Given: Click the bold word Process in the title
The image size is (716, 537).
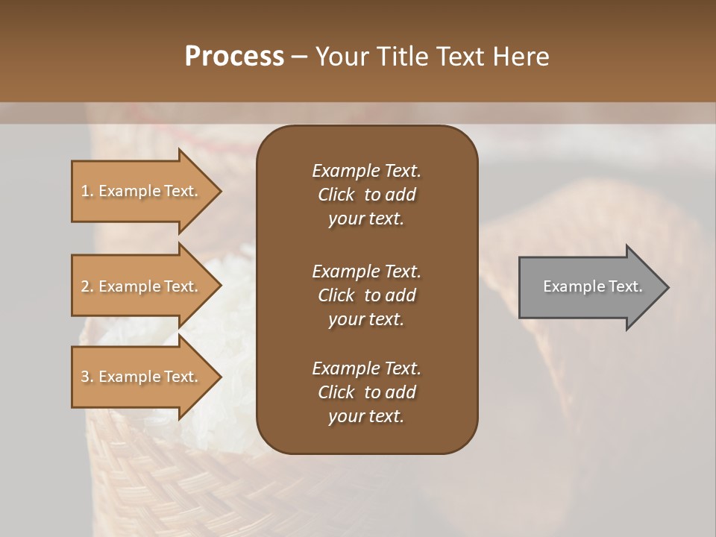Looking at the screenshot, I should (x=234, y=56).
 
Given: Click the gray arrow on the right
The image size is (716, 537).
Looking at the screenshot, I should (x=589, y=287).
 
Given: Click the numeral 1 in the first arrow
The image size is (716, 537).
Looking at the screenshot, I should (x=85, y=191).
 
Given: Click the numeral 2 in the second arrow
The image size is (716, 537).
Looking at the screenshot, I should (x=85, y=286).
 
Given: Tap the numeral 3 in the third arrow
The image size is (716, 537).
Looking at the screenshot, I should (x=85, y=377).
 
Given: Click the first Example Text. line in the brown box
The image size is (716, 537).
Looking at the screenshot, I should (x=366, y=171).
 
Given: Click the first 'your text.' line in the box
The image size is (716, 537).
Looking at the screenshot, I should (x=366, y=219).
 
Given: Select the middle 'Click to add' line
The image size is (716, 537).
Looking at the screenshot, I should (x=366, y=295).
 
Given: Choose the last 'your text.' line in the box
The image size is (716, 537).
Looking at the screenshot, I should (x=366, y=417).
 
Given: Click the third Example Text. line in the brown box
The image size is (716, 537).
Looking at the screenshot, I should (x=366, y=368).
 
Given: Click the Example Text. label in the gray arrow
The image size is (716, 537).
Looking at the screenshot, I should (x=592, y=286).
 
